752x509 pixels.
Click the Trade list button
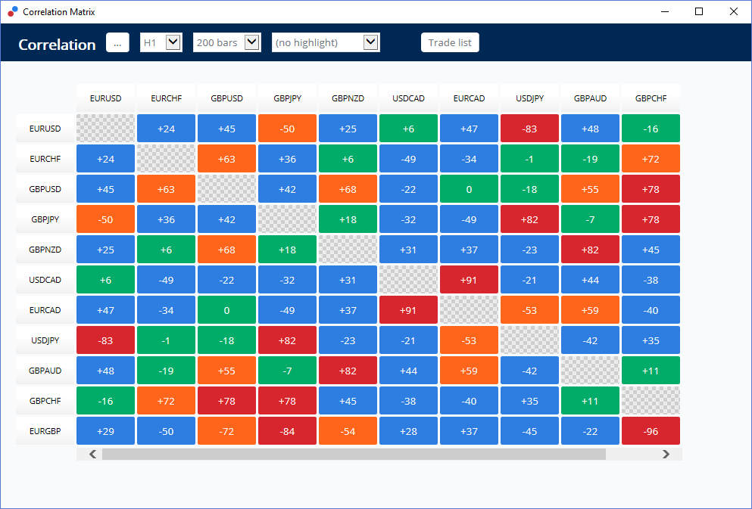click(450, 43)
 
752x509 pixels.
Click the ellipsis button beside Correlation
click(117, 43)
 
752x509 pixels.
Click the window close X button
click(733, 11)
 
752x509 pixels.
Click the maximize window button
click(699, 11)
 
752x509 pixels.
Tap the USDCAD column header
click(408, 98)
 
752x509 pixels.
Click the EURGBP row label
click(45, 431)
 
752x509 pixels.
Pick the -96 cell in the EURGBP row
click(651, 431)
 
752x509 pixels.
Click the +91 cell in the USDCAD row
click(469, 280)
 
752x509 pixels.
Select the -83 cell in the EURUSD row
click(529, 129)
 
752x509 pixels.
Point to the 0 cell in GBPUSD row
click(469, 189)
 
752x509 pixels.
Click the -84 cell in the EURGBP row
click(287, 431)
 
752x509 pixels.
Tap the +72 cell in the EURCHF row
click(651, 159)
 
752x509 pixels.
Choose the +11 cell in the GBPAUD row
click(651, 371)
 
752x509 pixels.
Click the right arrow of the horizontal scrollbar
click(666, 454)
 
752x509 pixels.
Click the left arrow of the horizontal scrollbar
click(93, 454)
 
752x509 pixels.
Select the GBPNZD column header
click(348, 98)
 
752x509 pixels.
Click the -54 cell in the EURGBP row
click(348, 431)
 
